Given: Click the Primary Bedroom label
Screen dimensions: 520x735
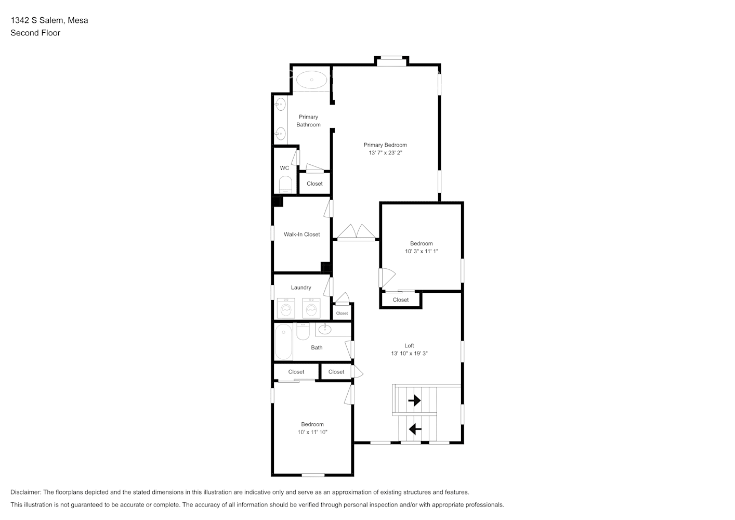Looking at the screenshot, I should coord(385,145).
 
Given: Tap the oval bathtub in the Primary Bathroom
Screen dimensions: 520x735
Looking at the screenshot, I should coord(312,80).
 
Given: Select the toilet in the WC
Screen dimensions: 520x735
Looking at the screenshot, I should coord(285,185).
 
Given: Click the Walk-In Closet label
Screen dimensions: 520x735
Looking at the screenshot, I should coord(301,235).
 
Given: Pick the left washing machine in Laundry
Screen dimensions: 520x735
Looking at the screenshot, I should coord(285,308).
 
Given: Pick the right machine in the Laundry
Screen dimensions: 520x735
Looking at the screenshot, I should coord(311,308).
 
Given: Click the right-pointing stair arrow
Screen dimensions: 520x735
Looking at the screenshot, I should coord(414,401).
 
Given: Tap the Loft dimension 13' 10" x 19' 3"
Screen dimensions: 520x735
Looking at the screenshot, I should coord(409,354).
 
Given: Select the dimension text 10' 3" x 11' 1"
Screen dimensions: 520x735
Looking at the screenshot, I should coord(421,251).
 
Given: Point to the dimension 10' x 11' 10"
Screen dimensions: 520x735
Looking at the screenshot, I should coord(312,432).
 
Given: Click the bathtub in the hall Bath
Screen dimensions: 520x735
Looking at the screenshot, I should coord(283,342).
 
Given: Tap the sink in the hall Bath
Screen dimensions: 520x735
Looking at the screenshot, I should coord(324,329).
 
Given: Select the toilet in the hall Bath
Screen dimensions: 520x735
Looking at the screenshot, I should coord(303,331).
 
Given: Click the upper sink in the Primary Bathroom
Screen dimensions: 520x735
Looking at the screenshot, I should coord(281,105).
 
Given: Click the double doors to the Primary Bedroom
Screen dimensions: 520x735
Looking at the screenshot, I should coord(356,232).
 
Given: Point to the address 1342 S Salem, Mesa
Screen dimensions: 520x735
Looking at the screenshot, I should coord(49,20).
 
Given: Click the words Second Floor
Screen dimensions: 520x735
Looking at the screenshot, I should coord(35,33).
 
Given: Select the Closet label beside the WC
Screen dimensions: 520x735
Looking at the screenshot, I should coord(314,184).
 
